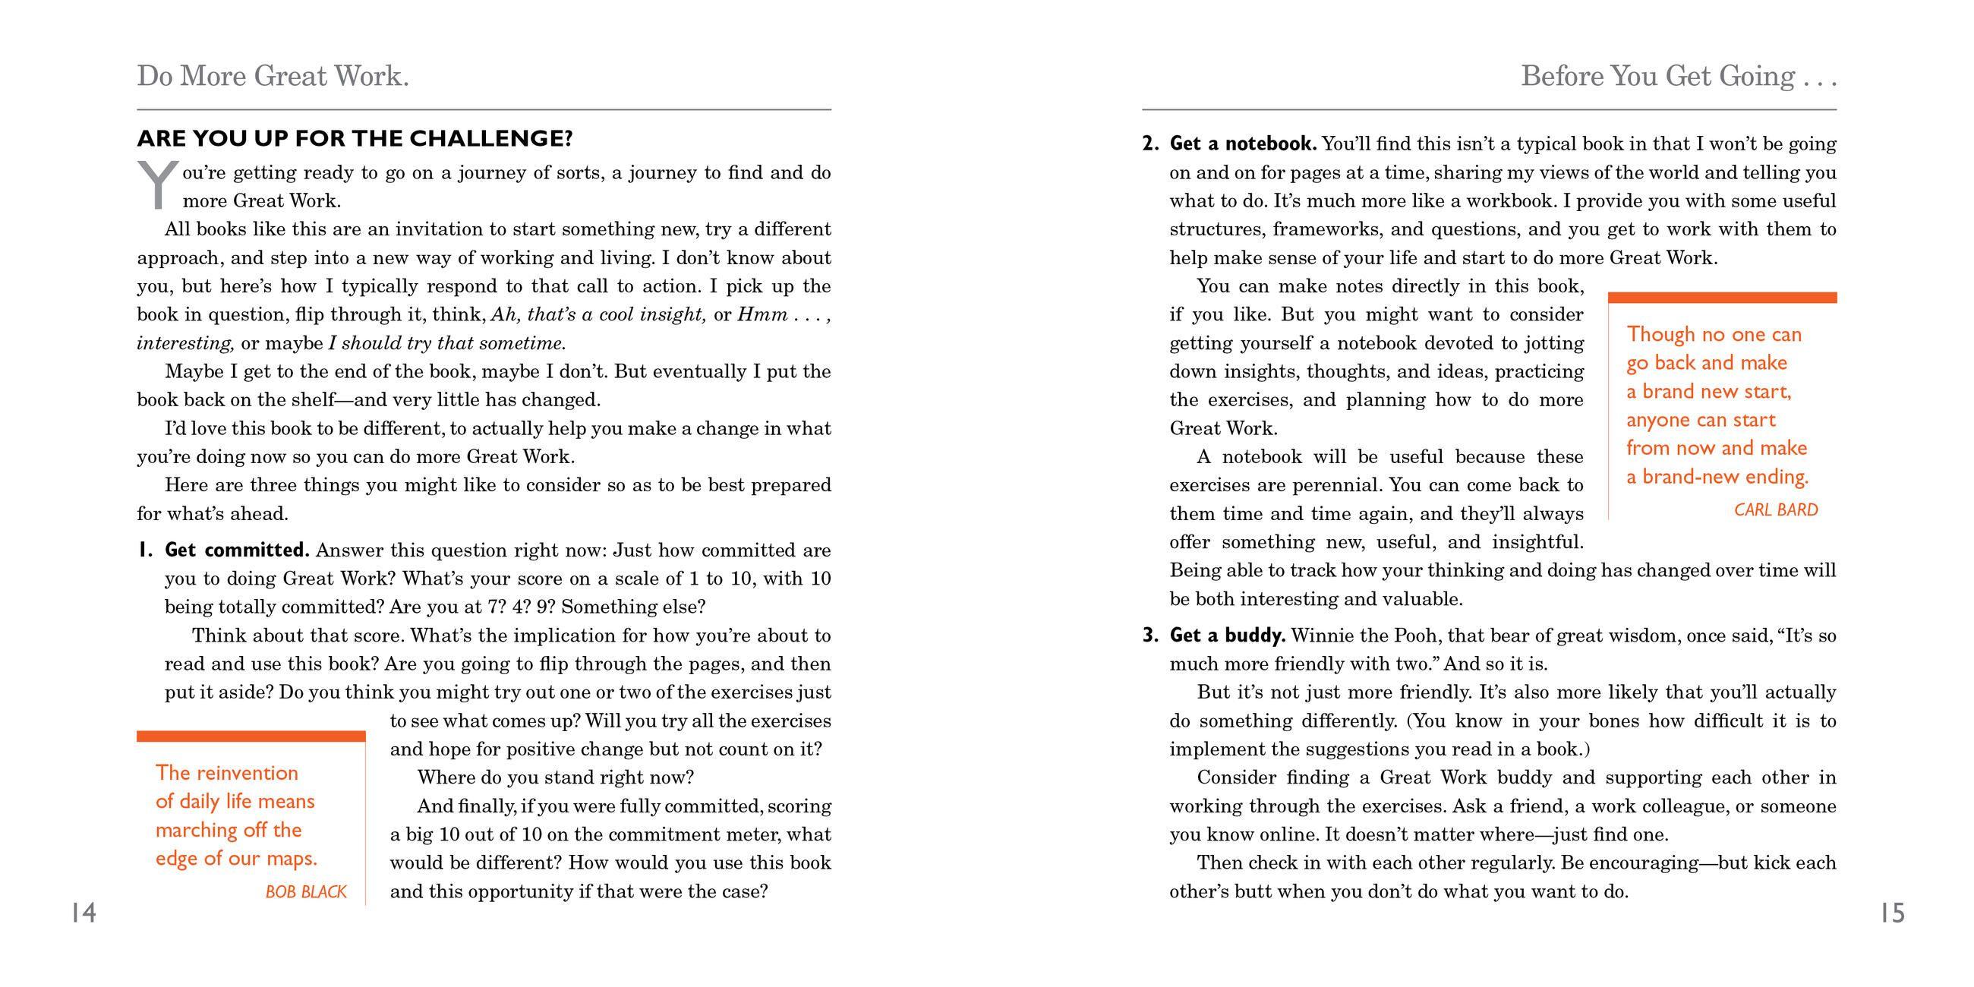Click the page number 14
pos(84,913)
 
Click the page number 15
pos(1892,913)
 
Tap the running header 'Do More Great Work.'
pos(273,76)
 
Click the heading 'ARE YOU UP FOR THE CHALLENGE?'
pos(355,139)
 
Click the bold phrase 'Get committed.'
pos(237,550)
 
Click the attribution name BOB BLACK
pos(306,892)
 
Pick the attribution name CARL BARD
pos(1776,510)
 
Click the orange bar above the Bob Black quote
pos(251,736)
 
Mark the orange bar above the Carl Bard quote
pos(1722,298)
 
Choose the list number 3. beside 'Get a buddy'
pos(1149,635)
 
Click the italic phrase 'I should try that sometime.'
pos(446,343)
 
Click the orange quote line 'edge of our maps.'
pos(236,858)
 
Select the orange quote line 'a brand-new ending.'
pos(1717,477)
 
